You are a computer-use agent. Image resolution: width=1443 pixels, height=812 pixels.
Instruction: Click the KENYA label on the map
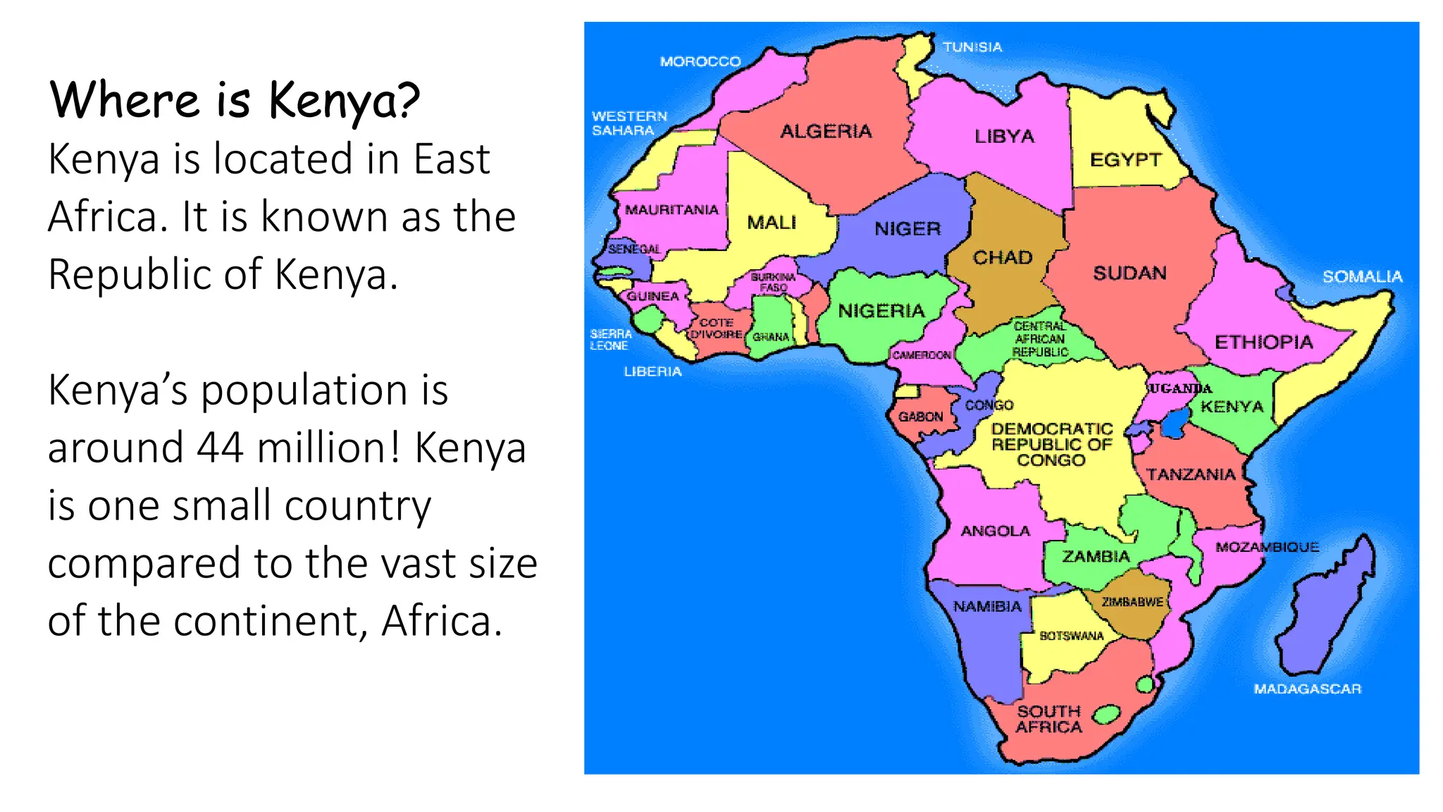(x=1232, y=407)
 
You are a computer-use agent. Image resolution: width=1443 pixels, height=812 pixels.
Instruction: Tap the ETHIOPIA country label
(x=1263, y=343)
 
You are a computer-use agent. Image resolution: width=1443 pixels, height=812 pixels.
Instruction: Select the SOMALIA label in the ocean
(x=1362, y=276)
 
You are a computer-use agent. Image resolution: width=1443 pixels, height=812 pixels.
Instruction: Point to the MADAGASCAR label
(x=1307, y=689)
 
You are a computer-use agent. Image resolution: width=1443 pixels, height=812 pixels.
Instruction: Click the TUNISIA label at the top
(x=972, y=47)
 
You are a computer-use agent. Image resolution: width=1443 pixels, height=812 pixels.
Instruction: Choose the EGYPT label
(x=1125, y=160)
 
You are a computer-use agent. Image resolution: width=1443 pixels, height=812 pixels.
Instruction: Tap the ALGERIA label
(x=826, y=131)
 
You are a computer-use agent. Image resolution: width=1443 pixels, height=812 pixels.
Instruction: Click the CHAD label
(x=1003, y=257)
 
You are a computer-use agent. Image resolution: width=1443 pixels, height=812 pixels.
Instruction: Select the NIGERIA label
(x=881, y=311)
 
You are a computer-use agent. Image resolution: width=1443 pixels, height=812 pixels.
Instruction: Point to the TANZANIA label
(x=1191, y=474)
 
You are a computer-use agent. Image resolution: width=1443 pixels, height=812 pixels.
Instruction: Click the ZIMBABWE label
(x=1132, y=602)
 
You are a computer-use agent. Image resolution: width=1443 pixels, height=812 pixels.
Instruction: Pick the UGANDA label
(x=1180, y=388)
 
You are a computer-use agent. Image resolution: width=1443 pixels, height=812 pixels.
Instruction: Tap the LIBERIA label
(x=652, y=371)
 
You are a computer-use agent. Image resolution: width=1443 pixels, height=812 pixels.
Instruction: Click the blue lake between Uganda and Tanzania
(x=1175, y=424)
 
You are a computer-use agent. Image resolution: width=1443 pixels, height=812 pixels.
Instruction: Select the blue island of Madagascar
(x=1325, y=613)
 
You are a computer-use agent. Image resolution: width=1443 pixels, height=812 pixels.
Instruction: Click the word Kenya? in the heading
(x=344, y=100)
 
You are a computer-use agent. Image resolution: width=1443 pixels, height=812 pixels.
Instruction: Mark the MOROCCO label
(x=700, y=62)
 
